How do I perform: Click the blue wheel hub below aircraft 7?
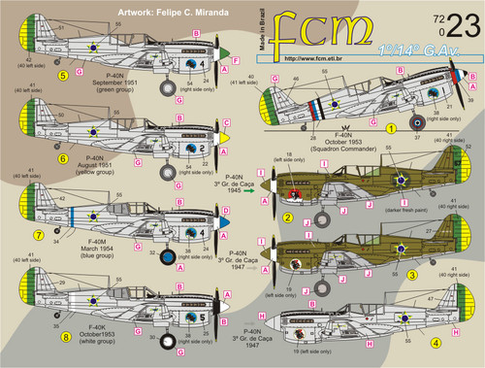(166, 257)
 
